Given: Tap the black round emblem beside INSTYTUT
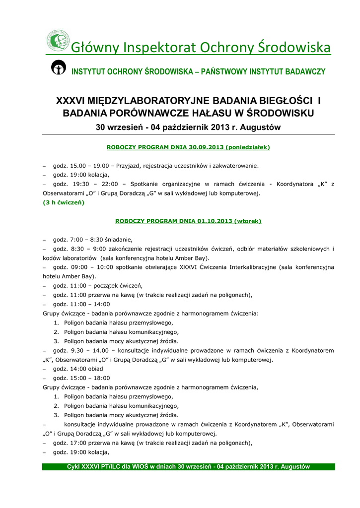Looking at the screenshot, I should (x=59, y=68).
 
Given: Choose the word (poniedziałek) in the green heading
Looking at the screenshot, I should (x=247, y=147).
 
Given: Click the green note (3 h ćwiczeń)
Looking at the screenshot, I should (x=64, y=202).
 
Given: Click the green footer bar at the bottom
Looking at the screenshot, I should (x=188, y=467).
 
